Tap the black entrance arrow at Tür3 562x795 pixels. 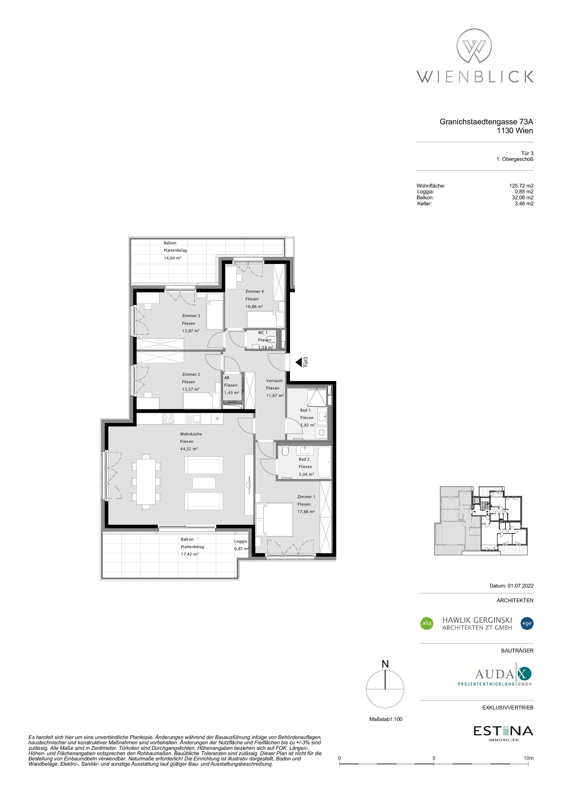(299, 362)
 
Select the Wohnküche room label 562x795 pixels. (191, 434)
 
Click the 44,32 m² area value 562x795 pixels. (189, 449)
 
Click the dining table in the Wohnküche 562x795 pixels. (146, 481)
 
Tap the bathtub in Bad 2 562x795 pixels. (324, 462)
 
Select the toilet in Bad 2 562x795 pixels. (285, 451)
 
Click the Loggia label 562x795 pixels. (241, 541)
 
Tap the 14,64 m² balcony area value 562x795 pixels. (172, 258)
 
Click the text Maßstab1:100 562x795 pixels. (386, 719)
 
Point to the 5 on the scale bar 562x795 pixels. (434, 758)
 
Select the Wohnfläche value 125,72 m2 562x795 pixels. (519, 186)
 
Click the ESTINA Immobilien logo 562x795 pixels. (503, 733)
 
